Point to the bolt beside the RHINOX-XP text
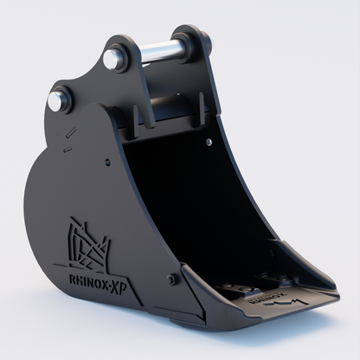(x=173, y=279)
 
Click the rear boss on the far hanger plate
(x=201, y=39)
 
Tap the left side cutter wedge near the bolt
(x=192, y=299)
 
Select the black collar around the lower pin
(x=62, y=100)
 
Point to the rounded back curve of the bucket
(x=39, y=199)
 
